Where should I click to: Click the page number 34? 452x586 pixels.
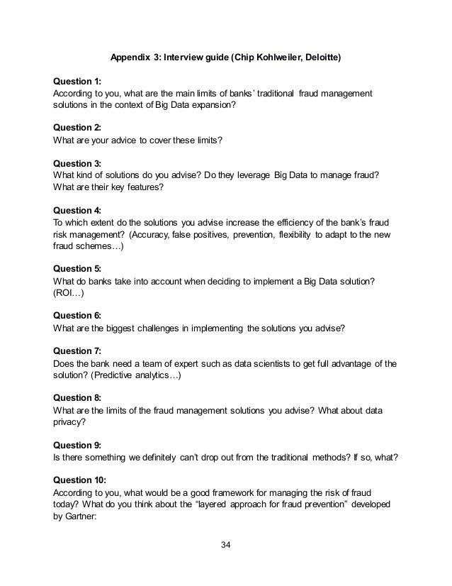(225, 545)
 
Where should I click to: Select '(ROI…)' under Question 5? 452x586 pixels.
(69, 296)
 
